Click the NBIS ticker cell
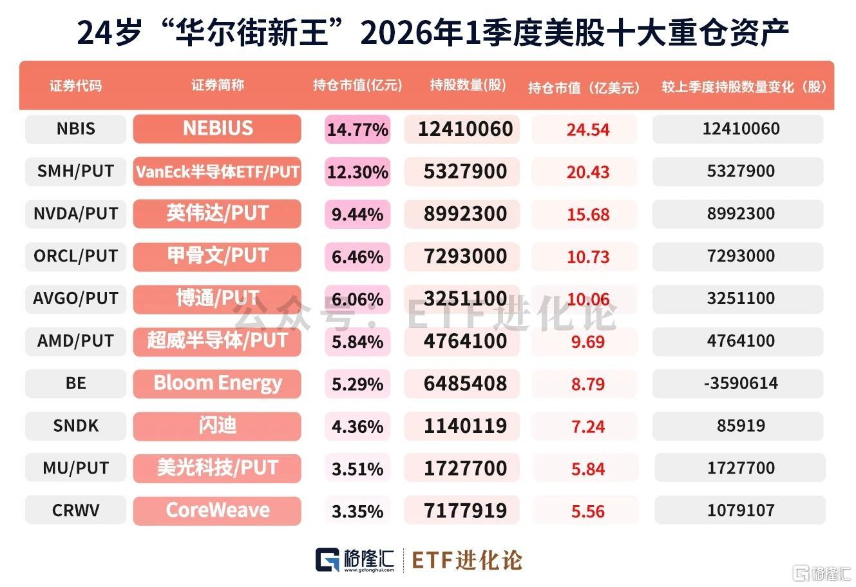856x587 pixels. coord(75,129)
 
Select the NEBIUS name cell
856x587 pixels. coord(217,129)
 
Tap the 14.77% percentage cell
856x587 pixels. coord(357,130)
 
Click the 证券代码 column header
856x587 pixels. coord(75,86)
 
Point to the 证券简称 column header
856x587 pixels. coord(218,85)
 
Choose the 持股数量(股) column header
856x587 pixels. coord(468,85)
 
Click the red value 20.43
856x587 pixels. coord(588,172)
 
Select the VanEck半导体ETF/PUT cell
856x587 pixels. coord(217,171)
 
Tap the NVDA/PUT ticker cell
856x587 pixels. coord(75,214)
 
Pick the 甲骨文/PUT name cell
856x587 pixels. coord(217,256)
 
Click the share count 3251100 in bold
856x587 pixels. coord(465,299)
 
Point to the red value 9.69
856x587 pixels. coord(588,342)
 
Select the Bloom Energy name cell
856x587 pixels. coord(217,383)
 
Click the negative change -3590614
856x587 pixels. coord(741,383)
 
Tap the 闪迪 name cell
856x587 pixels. coord(217,426)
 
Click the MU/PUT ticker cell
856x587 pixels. coord(75,468)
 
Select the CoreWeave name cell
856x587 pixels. coord(217,510)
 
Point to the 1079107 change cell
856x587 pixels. coord(740,510)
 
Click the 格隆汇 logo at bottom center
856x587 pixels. coord(355,560)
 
